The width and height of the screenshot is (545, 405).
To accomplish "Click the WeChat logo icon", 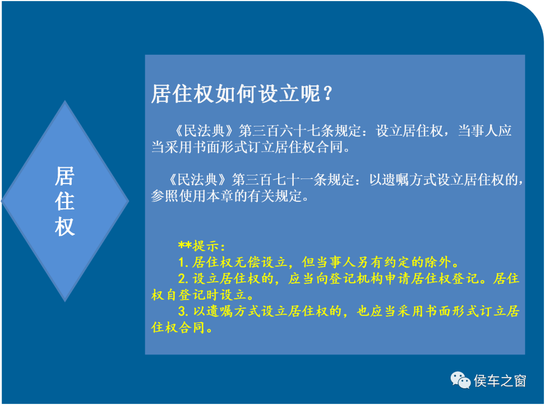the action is point(460,380).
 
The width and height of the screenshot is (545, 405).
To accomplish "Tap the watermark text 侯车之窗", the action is point(500,381).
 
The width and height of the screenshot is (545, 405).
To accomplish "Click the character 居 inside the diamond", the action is point(65,176).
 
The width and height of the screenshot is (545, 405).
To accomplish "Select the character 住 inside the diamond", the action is point(65,201).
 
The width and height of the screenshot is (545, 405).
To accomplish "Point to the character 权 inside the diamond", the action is point(65,227).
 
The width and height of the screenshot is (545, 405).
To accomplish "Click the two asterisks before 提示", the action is point(185,245).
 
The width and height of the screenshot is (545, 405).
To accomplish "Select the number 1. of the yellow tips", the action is point(183,262).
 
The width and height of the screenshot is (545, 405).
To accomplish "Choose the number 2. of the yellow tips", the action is point(183,279).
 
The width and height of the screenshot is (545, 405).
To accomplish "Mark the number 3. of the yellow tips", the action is point(183,311).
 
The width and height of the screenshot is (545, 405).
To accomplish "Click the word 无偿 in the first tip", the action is point(247,262).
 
